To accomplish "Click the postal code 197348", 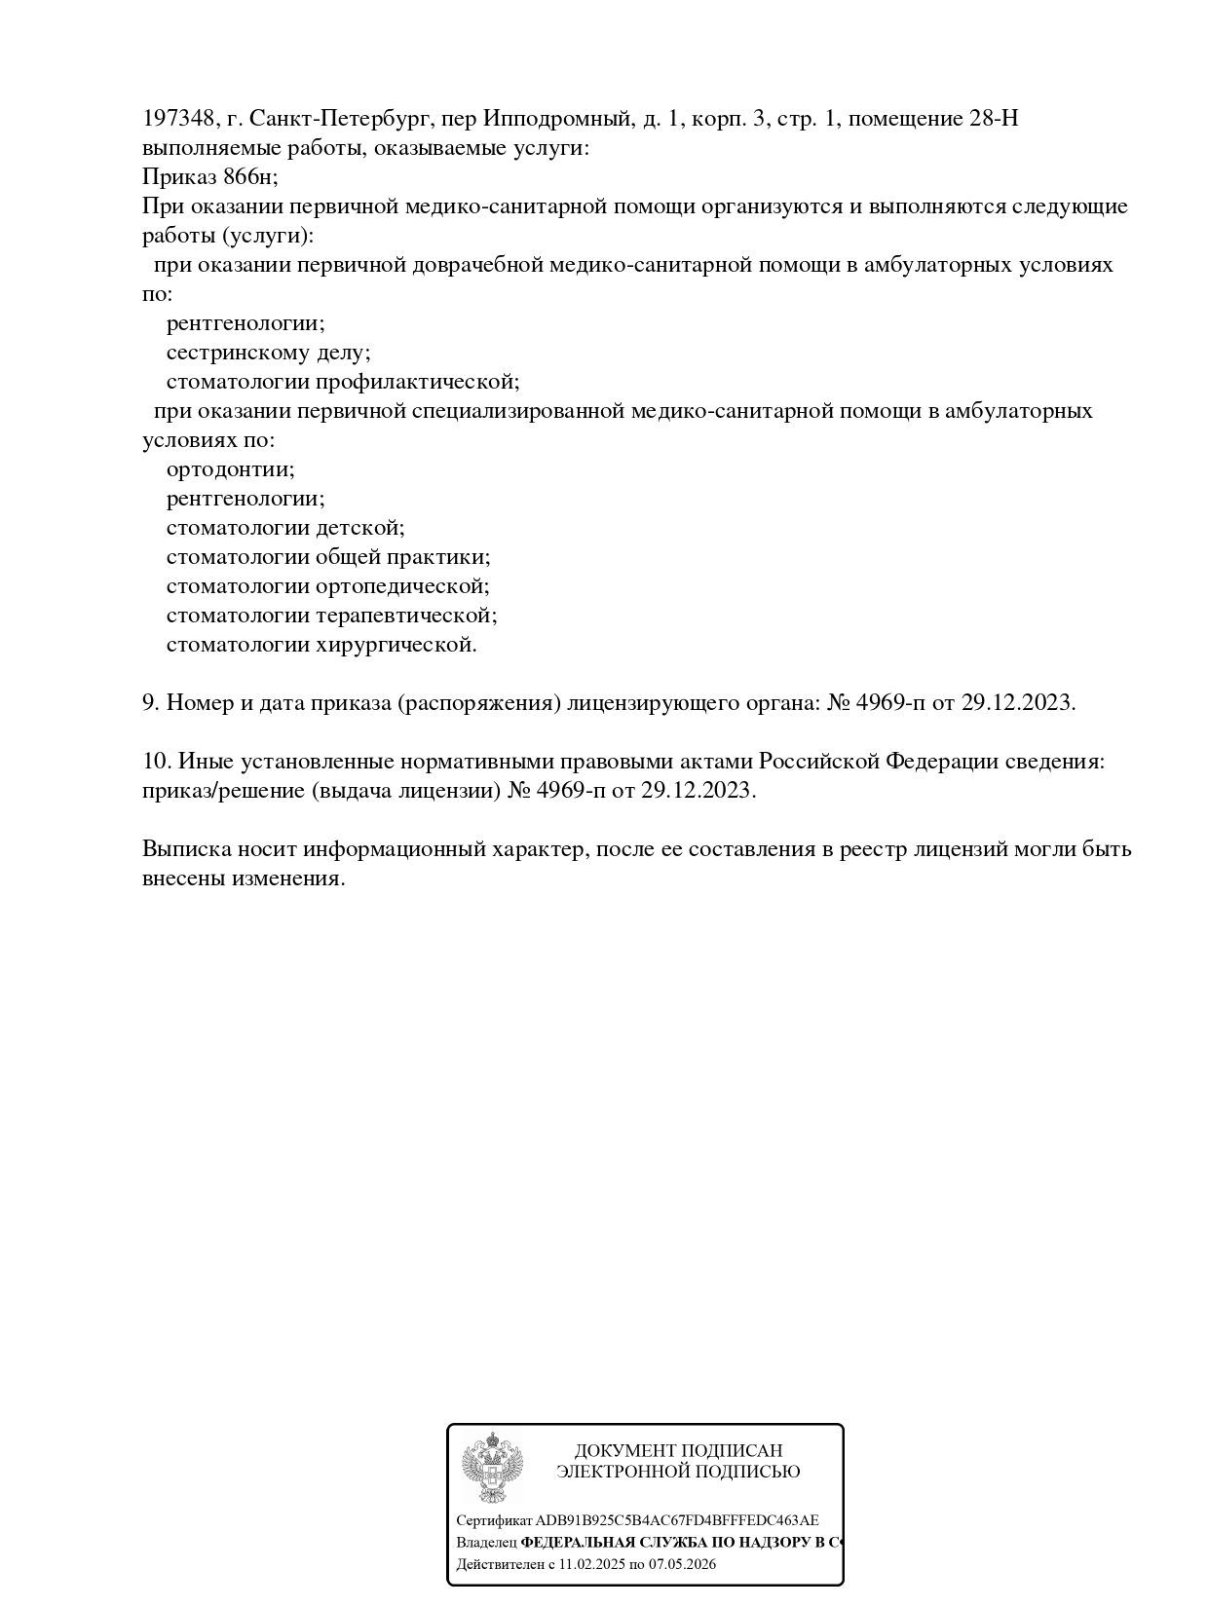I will click(x=178, y=119).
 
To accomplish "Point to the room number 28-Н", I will click(x=994, y=119).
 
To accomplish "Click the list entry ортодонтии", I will click(x=230, y=469).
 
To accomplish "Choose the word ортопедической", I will click(x=402, y=586).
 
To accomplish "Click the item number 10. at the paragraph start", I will click(x=157, y=762).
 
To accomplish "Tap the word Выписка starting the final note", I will click(x=185, y=849).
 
